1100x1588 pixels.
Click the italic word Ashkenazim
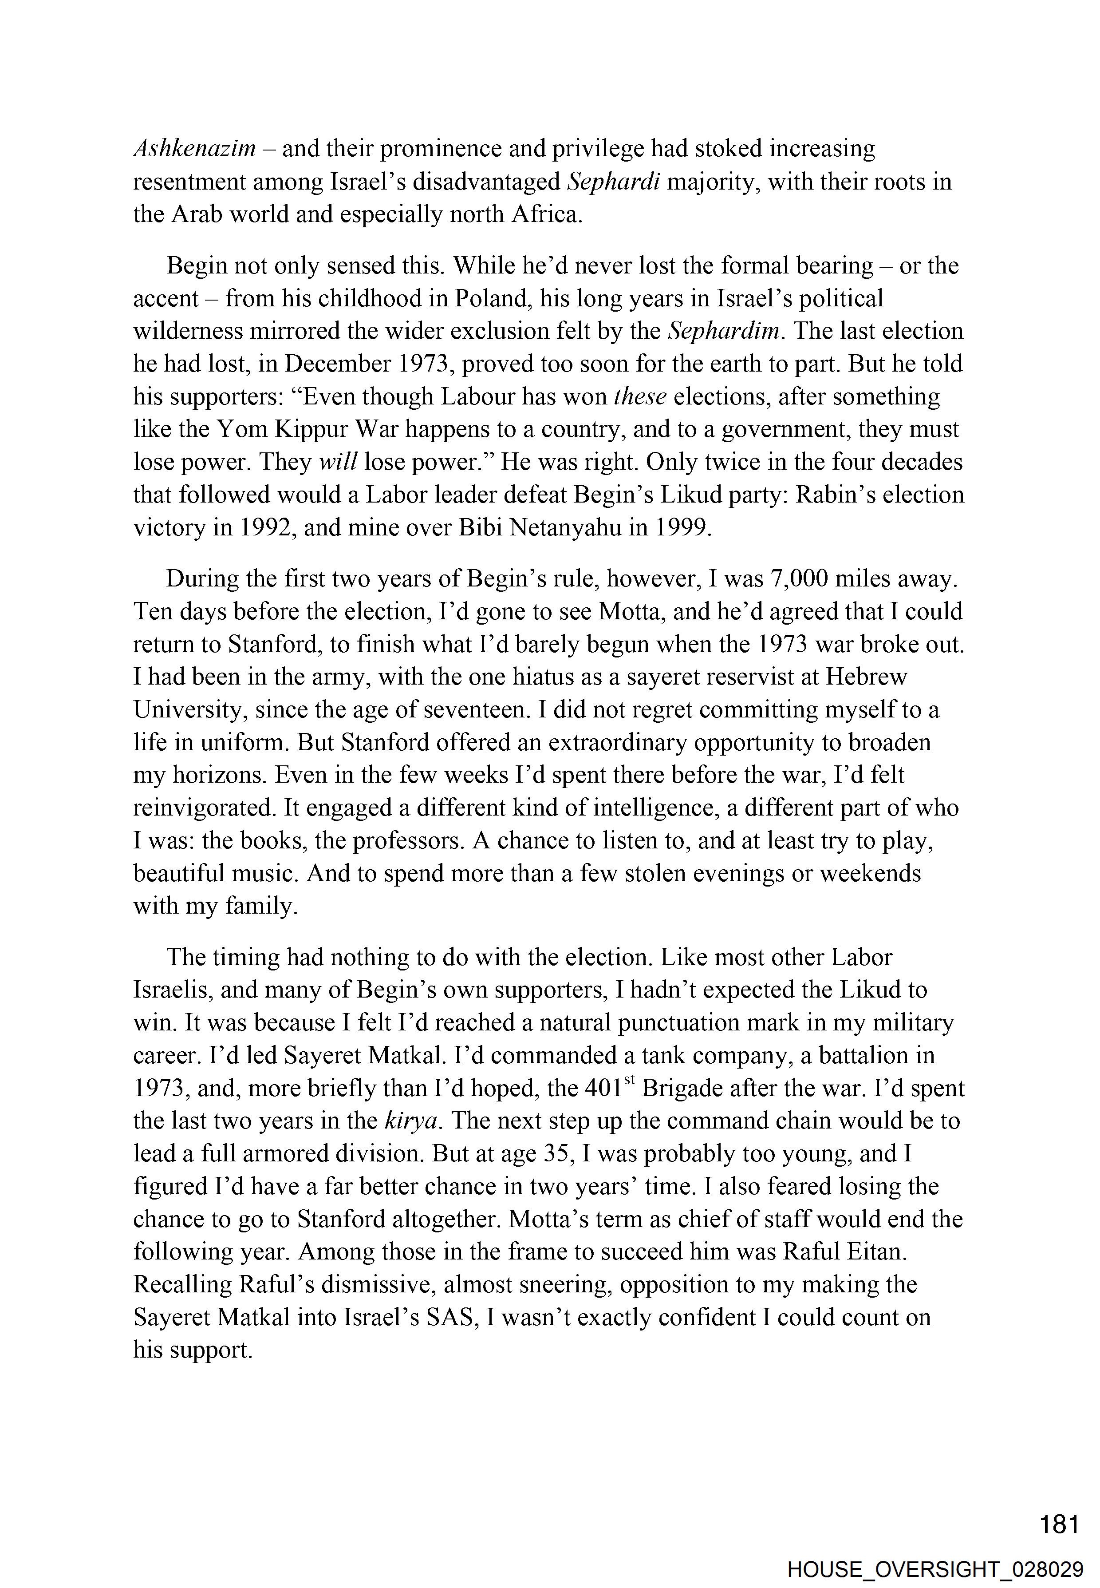click(x=194, y=149)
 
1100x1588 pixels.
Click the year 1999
click(x=680, y=527)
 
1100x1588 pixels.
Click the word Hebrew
click(x=866, y=677)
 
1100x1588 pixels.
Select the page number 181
click(x=1059, y=1506)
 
